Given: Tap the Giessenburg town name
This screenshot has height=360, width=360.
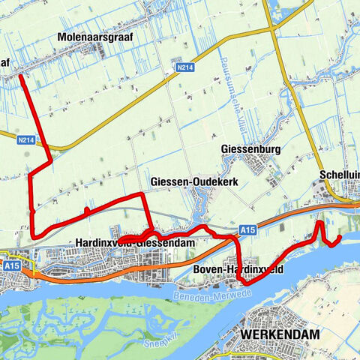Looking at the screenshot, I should (x=250, y=149).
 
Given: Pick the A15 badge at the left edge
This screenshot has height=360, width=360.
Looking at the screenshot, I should (x=10, y=265).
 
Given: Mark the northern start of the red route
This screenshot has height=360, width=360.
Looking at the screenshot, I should (x=20, y=76).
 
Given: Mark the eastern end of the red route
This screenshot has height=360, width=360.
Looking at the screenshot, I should (x=340, y=238).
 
